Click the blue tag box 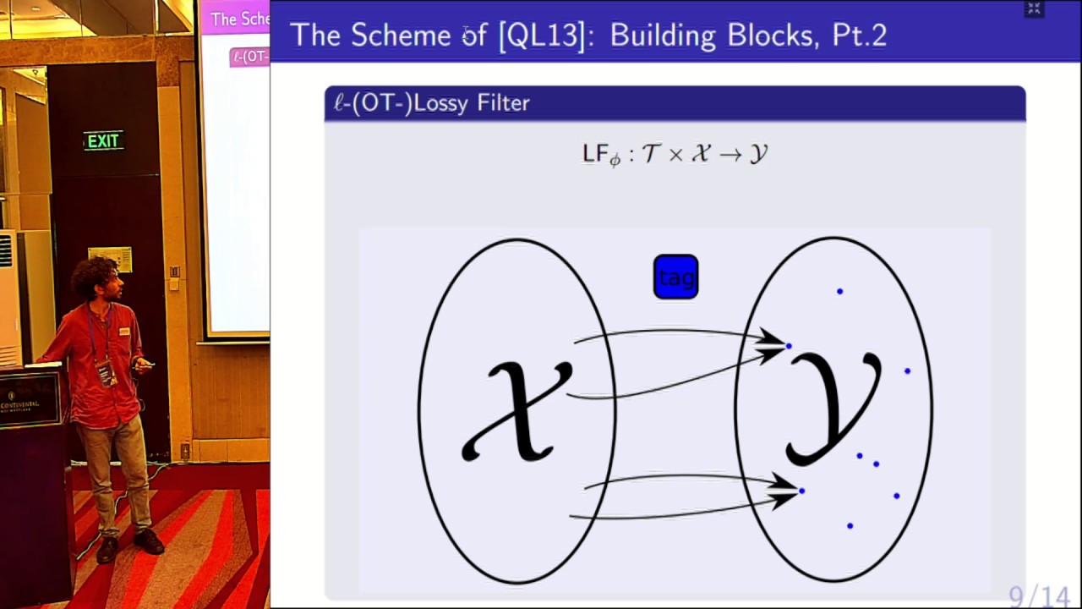(x=675, y=277)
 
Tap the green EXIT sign (x=103, y=141)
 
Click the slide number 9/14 (x=1039, y=597)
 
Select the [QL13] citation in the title (x=542, y=36)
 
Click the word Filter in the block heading (x=503, y=103)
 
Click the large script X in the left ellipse (x=516, y=411)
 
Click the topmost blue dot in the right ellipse (x=839, y=292)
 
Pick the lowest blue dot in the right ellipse (x=850, y=526)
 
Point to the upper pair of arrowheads (x=772, y=345)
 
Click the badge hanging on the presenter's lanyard (x=107, y=372)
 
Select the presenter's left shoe (x=148, y=540)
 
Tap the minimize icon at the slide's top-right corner (x=1033, y=8)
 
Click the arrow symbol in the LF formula (x=730, y=155)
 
